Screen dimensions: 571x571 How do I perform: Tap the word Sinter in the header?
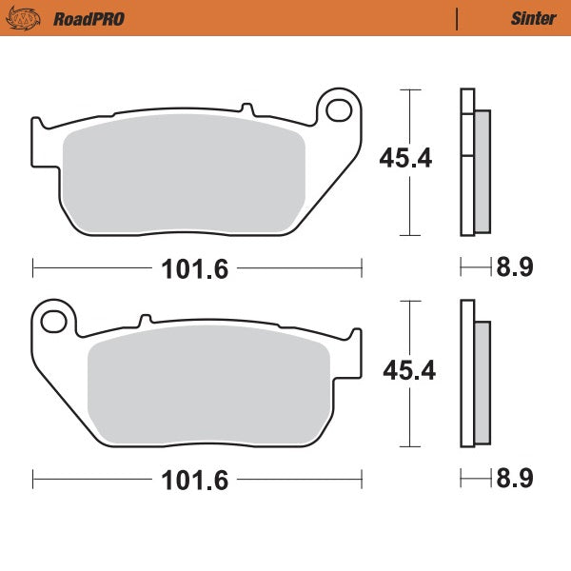pos(527,18)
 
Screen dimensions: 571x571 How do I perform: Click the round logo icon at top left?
pos(30,18)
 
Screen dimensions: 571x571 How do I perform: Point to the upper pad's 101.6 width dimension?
pos(196,269)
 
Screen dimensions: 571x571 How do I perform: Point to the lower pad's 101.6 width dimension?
pos(196,480)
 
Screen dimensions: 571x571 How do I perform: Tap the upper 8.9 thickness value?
pos(514,267)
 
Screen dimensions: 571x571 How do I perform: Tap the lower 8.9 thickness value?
pos(514,479)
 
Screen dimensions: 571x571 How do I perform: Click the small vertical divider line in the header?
pos(457,18)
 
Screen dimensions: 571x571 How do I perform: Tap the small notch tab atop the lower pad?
pos(146,321)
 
